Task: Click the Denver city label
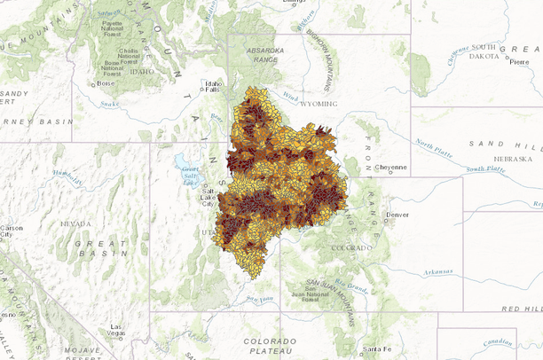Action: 398,215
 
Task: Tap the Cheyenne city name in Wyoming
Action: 390,167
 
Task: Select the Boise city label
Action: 105,84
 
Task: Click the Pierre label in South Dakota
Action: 519,61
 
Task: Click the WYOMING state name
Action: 319,104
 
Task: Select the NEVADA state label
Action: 76,224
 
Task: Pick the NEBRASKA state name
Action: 514,159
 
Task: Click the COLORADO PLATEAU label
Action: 271,346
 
